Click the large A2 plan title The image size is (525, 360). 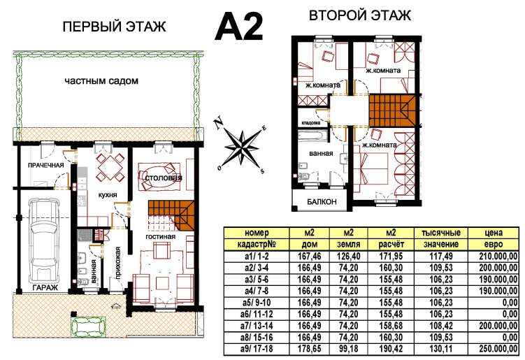[x=238, y=27]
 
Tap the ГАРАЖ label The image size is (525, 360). [x=45, y=287]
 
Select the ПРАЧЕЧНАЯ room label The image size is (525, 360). [x=46, y=165]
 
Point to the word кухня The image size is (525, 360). [x=108, y=195]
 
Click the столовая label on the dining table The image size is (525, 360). [x=164, y=178]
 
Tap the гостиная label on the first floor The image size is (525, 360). [x=160, y=237]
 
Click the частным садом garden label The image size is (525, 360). [x=101, y=80]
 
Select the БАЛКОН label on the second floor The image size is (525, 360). [x=322, y=201]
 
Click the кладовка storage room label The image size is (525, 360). [x=311, y=123]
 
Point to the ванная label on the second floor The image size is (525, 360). [x=321, y=153]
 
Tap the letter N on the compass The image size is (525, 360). [x=219, y=122]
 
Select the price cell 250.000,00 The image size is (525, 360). [x=498, y=349]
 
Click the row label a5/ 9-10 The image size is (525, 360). [x=257, y=303]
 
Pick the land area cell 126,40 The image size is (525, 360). [x=349, y=257]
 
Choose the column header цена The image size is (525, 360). [x=494, y=233]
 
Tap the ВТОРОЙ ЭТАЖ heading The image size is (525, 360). [x=359, y=15]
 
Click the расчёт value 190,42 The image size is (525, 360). [x=391, y=349]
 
